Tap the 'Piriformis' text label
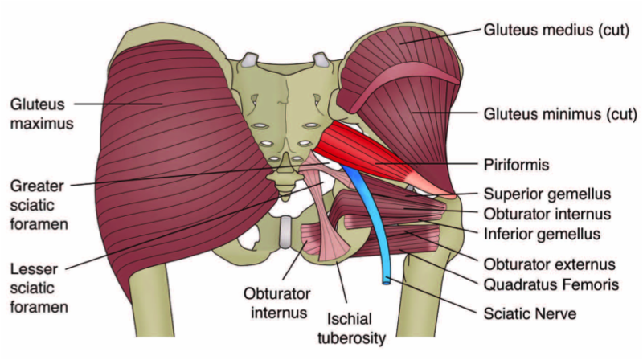(517, 165)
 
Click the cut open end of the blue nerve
(388, 280)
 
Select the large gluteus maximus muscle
(161, 161)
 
